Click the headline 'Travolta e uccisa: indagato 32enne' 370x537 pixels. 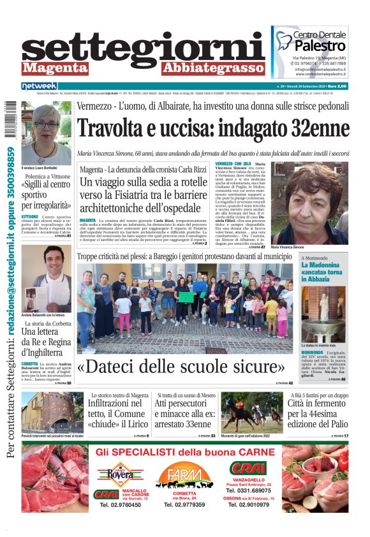(x=213, y=129)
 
